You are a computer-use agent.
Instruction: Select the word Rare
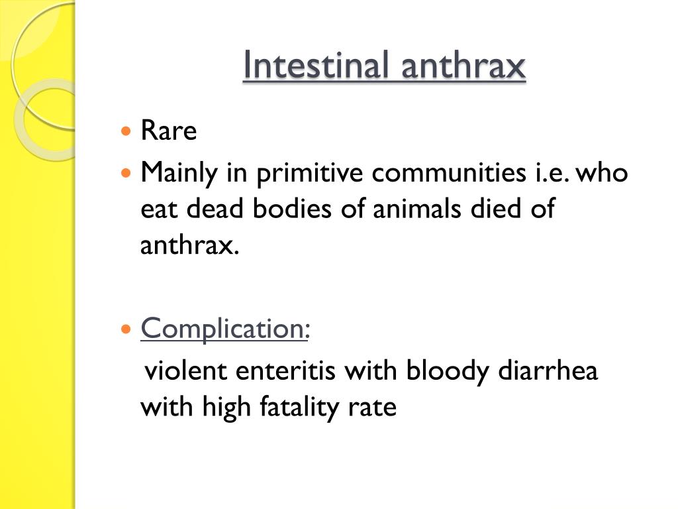[169, 131]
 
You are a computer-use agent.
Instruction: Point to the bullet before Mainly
[126, 174]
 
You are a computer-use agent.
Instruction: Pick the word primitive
[311, 174]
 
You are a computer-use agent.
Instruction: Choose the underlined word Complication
[222, 329]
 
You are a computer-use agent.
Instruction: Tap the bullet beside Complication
[126, 329]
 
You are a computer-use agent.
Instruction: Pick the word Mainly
[182, 174]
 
